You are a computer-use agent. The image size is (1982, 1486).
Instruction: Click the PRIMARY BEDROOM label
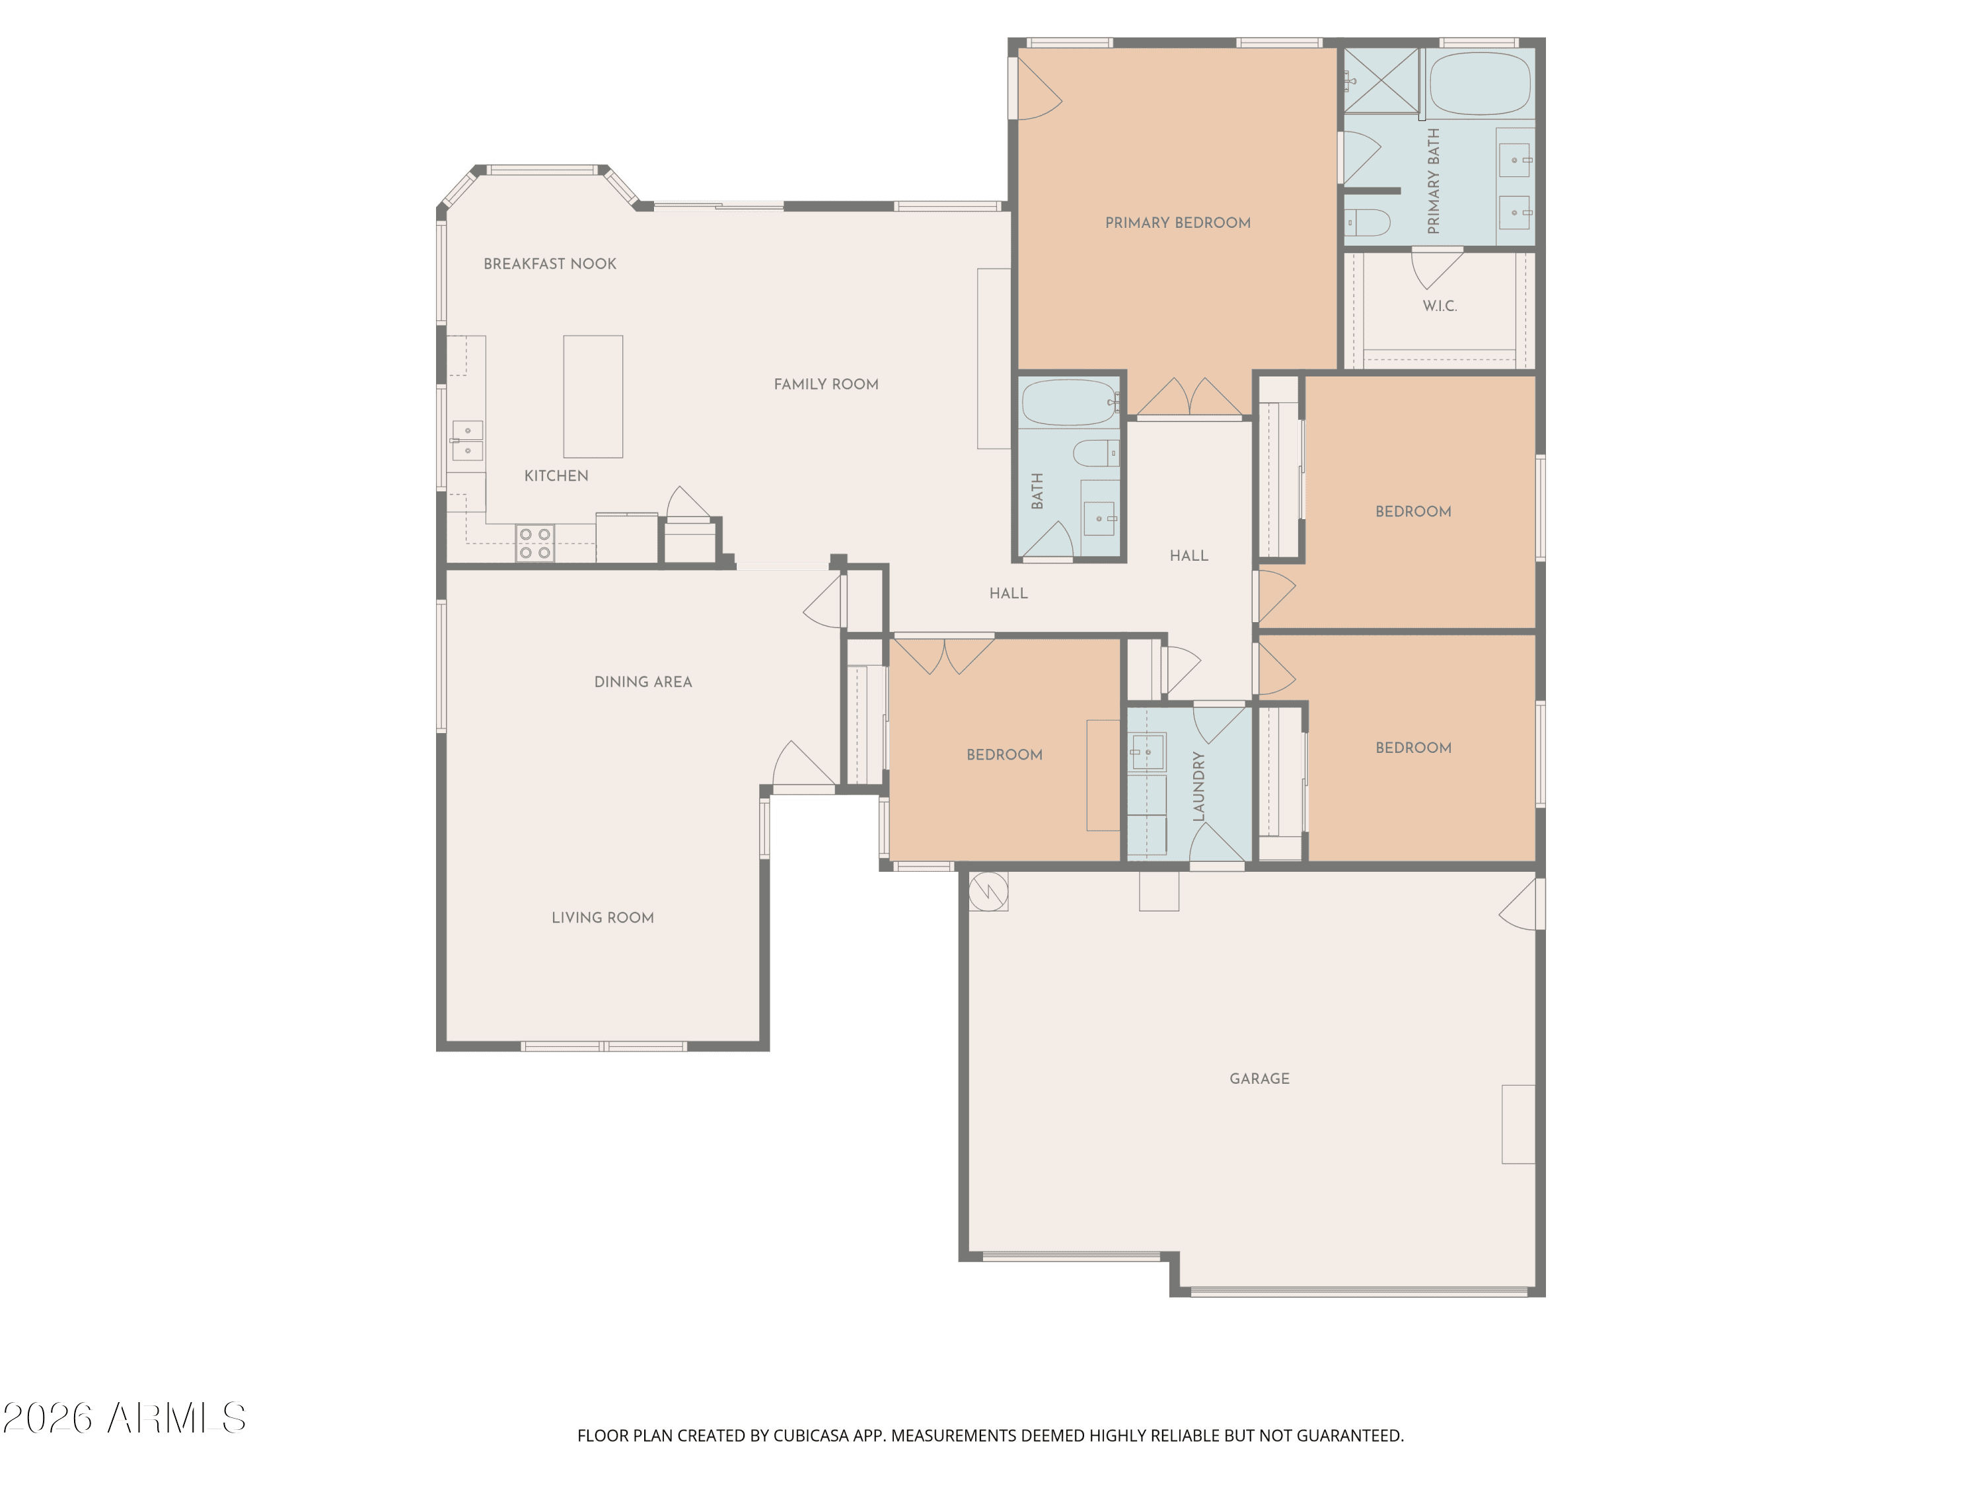coord(1177,223)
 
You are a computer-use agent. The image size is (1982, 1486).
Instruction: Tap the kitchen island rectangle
coord(592,397)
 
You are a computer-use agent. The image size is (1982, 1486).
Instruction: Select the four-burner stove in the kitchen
coord(535,544)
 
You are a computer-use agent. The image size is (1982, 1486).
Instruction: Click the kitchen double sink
coord(467,441)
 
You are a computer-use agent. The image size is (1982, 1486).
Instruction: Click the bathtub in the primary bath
coord(1481,83)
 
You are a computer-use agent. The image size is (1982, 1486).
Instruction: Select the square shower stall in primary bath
coord(1381,81)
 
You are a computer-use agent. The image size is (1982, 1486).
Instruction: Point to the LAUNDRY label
coord(1199,787)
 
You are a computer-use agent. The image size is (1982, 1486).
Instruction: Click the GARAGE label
coord(1259,1079)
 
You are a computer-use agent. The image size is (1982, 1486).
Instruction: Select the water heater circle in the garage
coord(988,890)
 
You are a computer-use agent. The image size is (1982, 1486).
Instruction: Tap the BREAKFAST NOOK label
coord(549,264)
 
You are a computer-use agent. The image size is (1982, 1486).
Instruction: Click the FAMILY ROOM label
coord(825,384)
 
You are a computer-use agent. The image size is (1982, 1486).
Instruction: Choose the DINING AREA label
coord(642,682)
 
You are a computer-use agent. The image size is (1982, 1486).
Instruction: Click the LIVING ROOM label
coord(602,917)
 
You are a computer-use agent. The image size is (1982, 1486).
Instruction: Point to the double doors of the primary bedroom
coord(1189,398)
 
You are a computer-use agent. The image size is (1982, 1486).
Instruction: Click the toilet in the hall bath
coord(1097,453)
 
